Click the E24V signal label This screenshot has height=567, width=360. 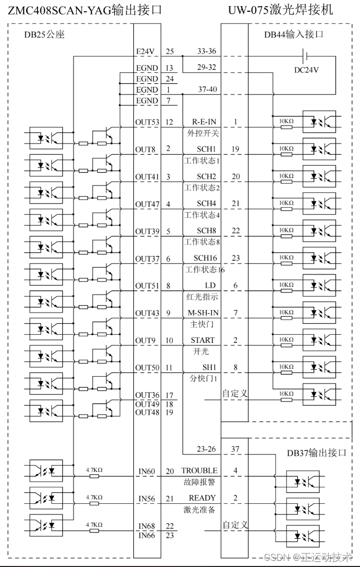tap(146, 51)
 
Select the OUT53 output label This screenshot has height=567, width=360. tap(147, 122)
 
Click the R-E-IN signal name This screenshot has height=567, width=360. tap(204, 122)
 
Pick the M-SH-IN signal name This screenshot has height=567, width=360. tap(203, 313)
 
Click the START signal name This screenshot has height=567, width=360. tap(203, 340)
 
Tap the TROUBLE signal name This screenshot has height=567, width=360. tap(200, 470)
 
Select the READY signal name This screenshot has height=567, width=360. tap(202, 498)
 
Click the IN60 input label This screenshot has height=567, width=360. tap(147, 470)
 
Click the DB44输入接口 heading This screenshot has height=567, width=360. tap(294, 35)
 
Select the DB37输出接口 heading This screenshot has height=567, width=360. tap(316, 453)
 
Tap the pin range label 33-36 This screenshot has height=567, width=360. tap(207, 51)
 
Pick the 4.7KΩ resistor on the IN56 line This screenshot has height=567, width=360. tap(94, 503)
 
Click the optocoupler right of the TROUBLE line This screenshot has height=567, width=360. tap(303, 482)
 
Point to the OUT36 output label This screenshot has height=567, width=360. tap(147, 395)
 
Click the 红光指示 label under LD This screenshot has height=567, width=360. tap(202, 297)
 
